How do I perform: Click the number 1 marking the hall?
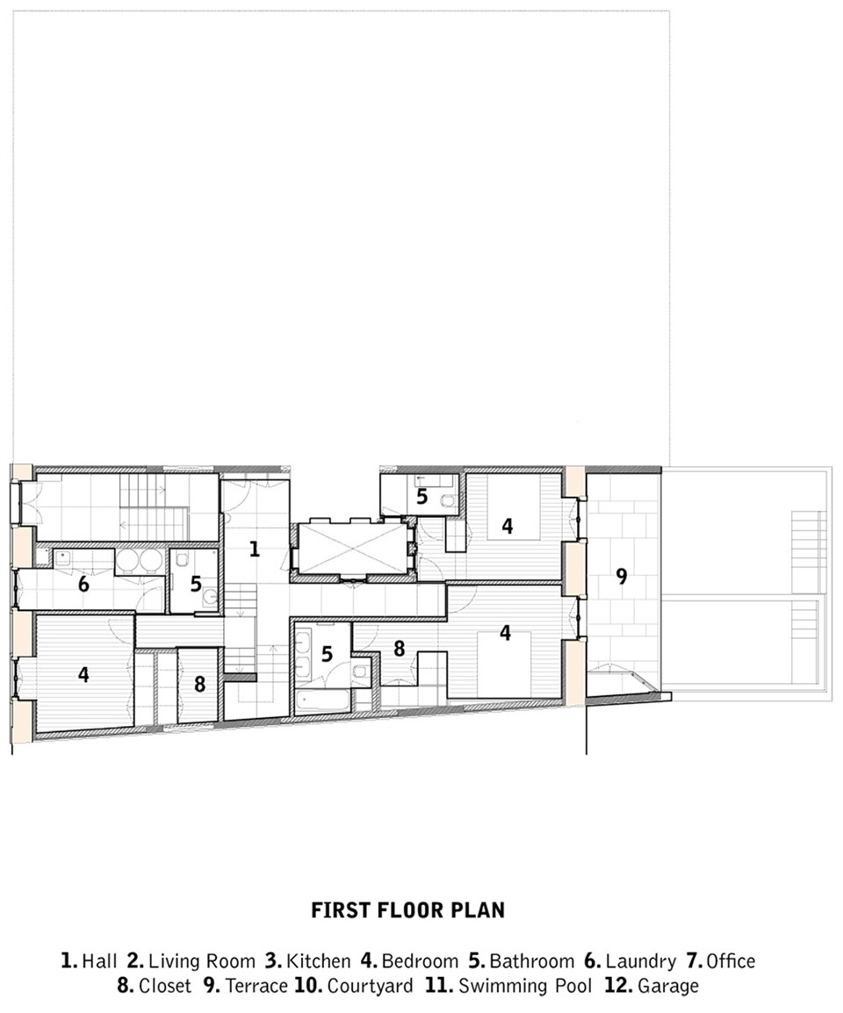tap(254, 550)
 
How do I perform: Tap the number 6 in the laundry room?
tap(83, 584)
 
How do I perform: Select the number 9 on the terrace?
tap(621, 576)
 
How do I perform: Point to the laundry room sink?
tap(62, 557)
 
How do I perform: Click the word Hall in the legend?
tap(99, 961)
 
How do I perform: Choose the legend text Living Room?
tap(202, 961)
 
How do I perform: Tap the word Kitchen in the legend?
tap(318, 961)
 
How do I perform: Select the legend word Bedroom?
tap(421, 961)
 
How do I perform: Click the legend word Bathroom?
tap(531, 961)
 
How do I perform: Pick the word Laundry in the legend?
tap(641, 962)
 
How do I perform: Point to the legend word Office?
tap(731, 961)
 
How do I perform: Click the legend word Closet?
tap(165, 987)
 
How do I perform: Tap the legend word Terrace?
tap(256, 987)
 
